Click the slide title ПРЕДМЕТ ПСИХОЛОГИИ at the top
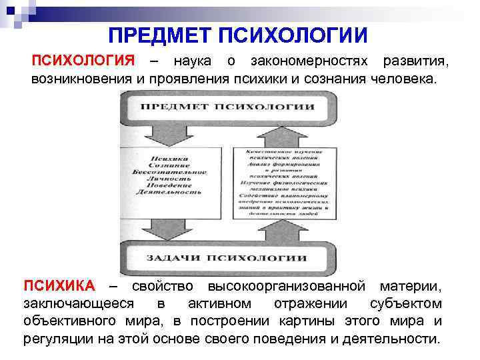[x=239, y=33]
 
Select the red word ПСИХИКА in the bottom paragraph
[x=59, y=287]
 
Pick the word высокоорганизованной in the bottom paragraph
[x=287, y=287]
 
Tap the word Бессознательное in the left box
[x=170, y=171]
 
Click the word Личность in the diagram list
[x=170, y=178]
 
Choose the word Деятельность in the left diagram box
[x=170, y=191]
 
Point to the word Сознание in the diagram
[x=170, y=165]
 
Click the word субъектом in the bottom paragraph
[x=414, y=304]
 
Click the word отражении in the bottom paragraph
[x=317, y=304]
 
